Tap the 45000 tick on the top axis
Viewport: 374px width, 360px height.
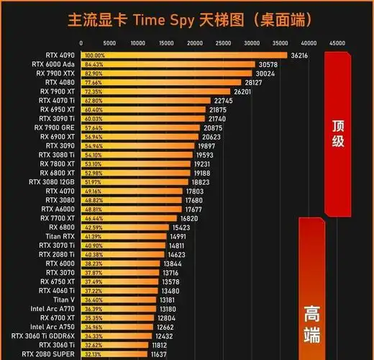(x=337, y=43)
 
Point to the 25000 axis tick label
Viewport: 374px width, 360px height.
(x=224, y=43)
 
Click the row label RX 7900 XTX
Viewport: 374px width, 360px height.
(x=56, y=73)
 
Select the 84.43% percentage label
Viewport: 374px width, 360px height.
(x=94, y=64)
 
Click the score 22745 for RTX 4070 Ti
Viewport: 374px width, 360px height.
(x=223, y=101)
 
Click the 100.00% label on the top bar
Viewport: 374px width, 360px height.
(x=95, y=55)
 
